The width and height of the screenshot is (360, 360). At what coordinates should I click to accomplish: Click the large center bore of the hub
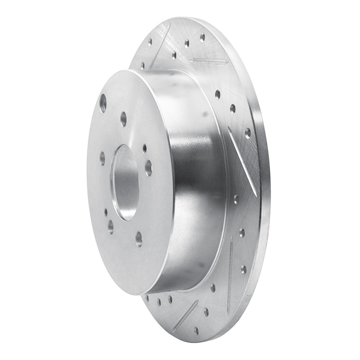(126, 182)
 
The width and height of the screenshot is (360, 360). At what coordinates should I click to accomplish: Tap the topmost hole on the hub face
(103, 103)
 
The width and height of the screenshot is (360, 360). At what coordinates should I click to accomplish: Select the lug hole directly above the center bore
(123, 119)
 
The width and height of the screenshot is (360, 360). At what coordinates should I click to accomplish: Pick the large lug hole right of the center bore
(148, 167)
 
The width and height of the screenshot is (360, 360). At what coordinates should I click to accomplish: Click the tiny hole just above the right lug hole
(144, 148)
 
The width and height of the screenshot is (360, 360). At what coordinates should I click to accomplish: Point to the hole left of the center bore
(103, 158)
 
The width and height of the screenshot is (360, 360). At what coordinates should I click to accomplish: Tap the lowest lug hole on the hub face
(139, 238)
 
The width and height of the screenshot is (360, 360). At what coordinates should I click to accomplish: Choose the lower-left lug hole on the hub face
(110, 226)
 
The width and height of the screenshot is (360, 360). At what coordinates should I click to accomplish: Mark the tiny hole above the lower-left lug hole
(106, 211)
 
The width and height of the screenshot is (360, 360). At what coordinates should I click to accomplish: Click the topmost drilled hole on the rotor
(202, 36)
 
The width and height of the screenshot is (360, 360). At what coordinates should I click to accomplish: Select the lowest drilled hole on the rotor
(196, 331)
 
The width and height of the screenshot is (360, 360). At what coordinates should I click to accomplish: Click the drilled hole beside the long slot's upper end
(248, 133)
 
